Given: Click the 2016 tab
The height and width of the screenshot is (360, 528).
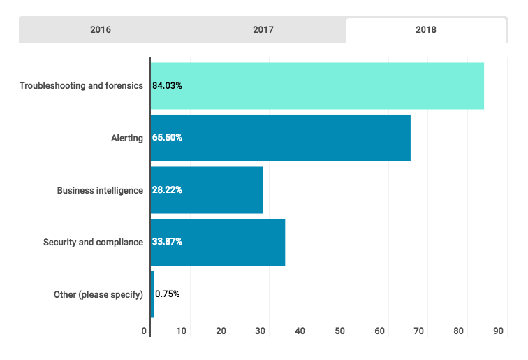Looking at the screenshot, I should [101, 30].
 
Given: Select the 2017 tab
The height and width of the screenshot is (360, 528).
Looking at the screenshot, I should [263, 30].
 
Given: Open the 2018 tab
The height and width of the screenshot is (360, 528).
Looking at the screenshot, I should [425, 30].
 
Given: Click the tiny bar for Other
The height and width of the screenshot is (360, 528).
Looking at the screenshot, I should [152, 294].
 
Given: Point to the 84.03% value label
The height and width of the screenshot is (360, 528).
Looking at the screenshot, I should [168, 86].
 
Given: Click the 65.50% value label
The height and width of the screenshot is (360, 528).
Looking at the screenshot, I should [168, 138].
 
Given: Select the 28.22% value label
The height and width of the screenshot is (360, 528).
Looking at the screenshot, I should [168, 190].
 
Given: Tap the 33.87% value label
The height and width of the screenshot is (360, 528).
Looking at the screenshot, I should [168, 242].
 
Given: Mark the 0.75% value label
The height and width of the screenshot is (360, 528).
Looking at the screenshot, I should [168, 294].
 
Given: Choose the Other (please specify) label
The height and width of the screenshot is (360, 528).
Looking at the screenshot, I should [98, 294].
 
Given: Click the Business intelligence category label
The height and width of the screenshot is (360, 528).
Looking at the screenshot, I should [100, 190].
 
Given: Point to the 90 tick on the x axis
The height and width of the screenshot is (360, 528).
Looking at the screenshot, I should [499, 331].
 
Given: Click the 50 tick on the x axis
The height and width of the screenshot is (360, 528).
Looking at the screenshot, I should [340, 331].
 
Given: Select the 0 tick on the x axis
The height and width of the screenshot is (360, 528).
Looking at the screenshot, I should [144, 331].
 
